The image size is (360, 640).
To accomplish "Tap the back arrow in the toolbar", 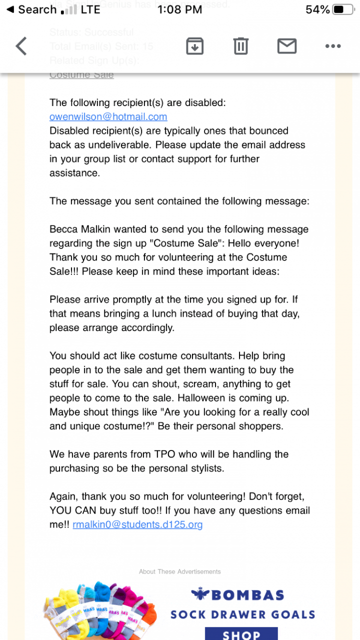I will pos(21,46).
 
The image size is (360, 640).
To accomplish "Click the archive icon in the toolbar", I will pos(194,46).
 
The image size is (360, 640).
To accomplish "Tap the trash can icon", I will pos(240,46).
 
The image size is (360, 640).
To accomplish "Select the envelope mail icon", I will pos(287,46).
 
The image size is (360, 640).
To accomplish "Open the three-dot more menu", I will pos(332,46).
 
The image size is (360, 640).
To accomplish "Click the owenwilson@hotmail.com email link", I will pos(108,116).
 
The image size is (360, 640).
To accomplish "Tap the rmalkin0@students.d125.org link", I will pos(137,524).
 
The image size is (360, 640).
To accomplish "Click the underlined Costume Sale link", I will pos(81,74).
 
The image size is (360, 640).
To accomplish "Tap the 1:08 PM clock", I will pos(179,9).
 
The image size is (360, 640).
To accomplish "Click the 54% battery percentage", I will pos(317,9).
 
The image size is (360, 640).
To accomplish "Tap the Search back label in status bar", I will pos(32,9).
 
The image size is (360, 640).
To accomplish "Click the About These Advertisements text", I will pos(180,571).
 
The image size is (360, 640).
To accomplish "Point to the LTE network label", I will pos(90,9).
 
